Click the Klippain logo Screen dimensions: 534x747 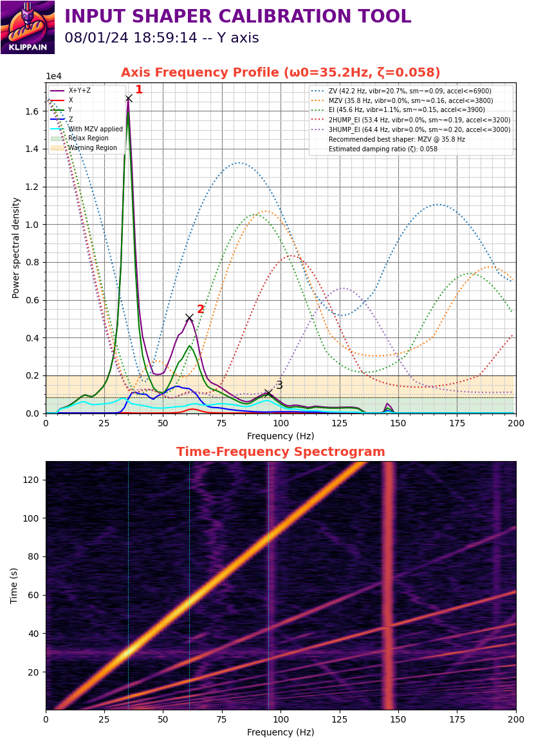click(x=28, y=27)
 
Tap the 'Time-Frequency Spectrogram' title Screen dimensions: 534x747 click(x=281, y=451)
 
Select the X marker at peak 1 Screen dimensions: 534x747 click(x=129, y=98)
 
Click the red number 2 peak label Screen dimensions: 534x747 click(x=200, y=309)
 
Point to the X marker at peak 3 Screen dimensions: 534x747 click(x=268, y=393)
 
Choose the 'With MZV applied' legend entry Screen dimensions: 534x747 click(x=87, y=129)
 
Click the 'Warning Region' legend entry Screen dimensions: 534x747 click(x=84, y=147)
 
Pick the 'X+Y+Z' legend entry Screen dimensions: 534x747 click(x=71, y=90)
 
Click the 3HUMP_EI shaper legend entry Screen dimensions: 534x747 click(x=410, y=129)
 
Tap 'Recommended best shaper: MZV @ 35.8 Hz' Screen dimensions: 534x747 click(x=396, y=139)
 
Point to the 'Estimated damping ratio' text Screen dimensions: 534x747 click(x=383, y=149)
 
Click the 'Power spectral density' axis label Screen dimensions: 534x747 click(x=15, y=248)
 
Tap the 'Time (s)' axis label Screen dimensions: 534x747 click(x=14, y=586)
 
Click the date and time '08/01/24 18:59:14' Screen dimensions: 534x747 click(x=131, y=37)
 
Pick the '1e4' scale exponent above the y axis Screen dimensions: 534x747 click(x=53, y=76)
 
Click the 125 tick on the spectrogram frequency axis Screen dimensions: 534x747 click(x=339, y=719)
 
